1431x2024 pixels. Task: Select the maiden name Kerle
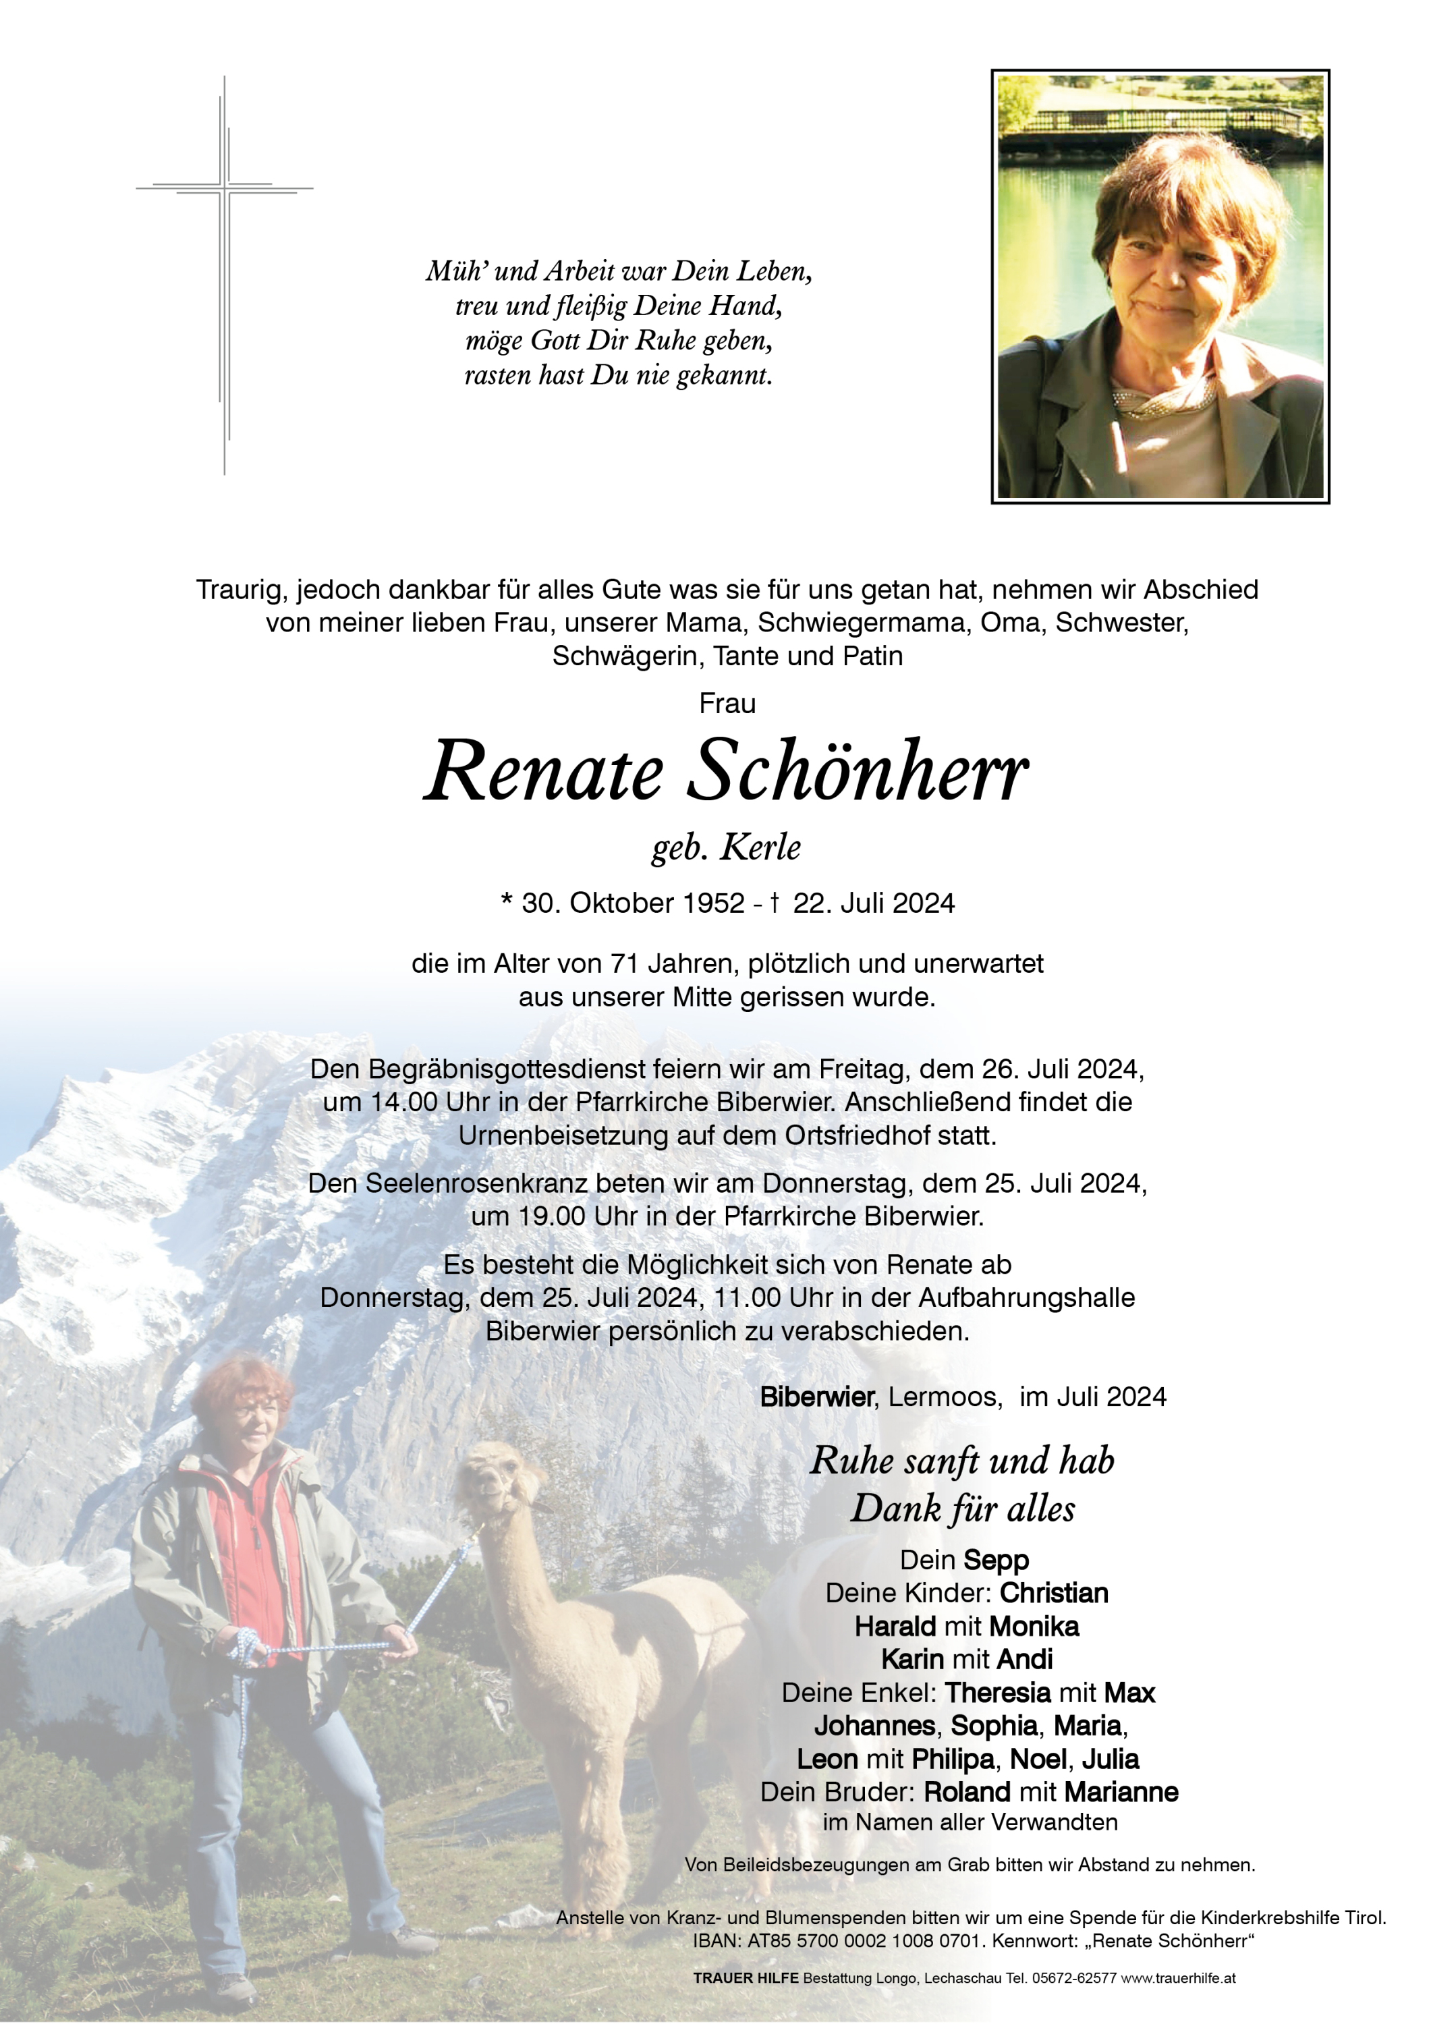(761, 848)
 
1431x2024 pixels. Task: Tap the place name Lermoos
(943, 1397)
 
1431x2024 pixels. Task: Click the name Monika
(1034, 1627)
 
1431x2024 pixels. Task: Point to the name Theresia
(997, 1693)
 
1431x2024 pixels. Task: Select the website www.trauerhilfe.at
(1178, 1978)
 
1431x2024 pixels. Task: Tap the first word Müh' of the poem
(452, 271)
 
